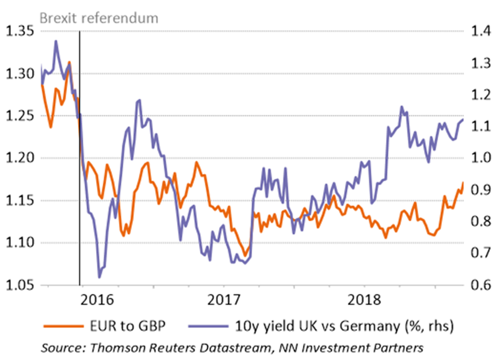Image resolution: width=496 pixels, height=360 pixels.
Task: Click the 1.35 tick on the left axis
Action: coord(20,31)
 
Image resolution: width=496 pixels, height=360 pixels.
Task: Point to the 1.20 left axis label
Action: coord(20,159)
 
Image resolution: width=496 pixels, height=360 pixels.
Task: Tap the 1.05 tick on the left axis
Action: coord(20,285)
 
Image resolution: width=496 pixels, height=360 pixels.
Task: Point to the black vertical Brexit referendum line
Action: coord(80,182)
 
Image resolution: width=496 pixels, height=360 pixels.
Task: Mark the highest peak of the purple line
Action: coord(56,41)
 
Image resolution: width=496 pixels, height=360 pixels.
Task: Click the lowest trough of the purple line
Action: coord(99,277)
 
